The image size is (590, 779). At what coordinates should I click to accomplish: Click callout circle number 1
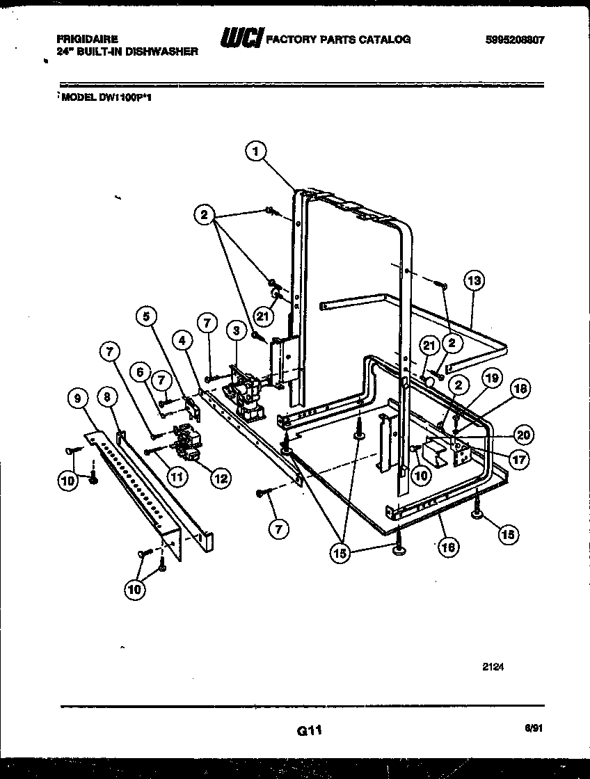point(256,151)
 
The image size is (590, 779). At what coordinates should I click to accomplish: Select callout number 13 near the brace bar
point(474,282)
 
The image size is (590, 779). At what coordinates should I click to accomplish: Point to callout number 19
point(492,379)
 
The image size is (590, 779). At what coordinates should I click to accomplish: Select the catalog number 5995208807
point(515,40)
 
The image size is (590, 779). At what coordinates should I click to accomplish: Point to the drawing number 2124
point(493,666)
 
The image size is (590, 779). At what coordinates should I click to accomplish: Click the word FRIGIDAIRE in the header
point(87,40)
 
